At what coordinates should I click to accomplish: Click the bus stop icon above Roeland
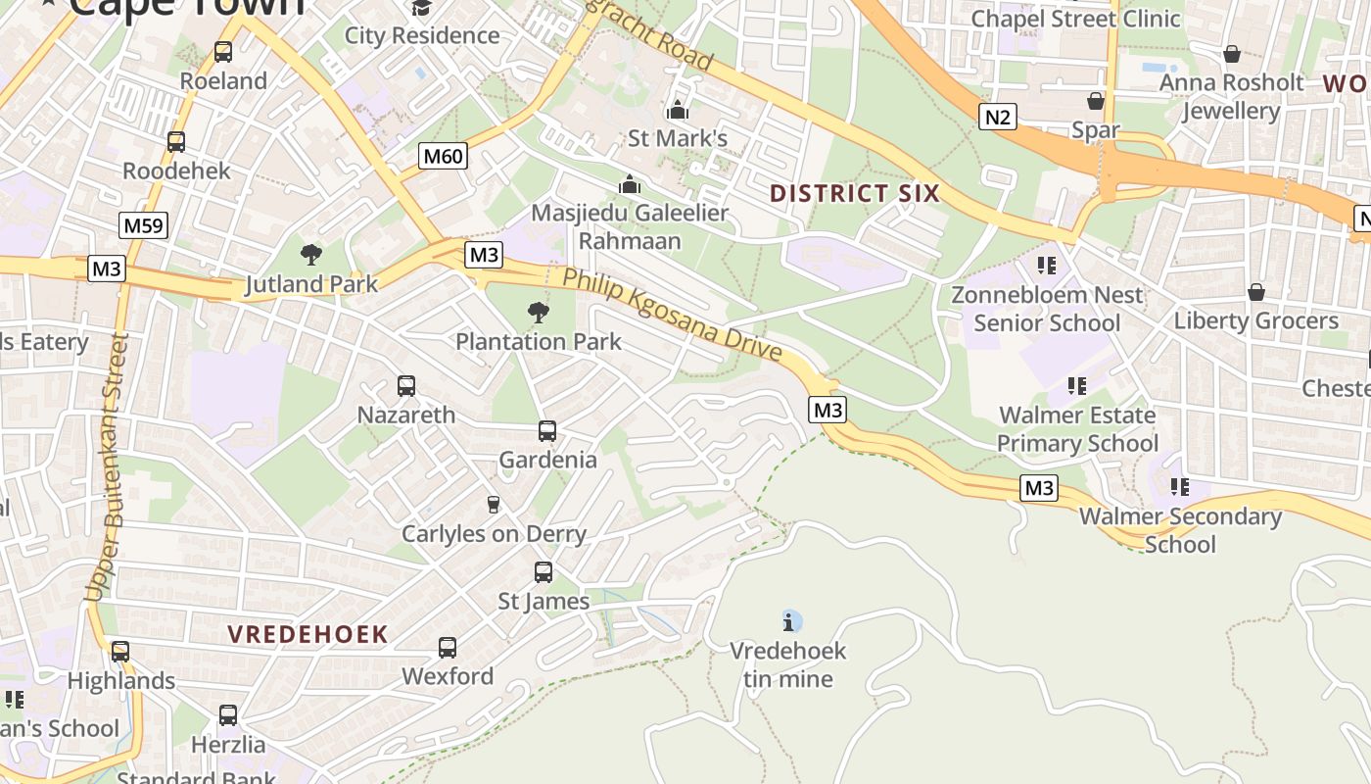[223, 52]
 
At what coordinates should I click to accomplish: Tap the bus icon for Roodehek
[176, 142]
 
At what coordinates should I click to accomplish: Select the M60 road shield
[444, 156]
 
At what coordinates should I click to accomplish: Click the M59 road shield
[144, 225]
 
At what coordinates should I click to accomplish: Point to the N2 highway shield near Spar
[997, 118]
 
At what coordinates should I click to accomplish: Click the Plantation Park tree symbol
[538, 313]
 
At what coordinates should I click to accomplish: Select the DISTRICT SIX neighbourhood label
[854, 193]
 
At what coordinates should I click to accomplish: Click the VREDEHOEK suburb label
[307, 634]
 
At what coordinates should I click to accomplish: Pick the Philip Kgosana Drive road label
[672, 314]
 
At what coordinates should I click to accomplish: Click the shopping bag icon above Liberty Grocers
[1255, 292]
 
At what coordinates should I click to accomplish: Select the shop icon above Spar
[1095, 101]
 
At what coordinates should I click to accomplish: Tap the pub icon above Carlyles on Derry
[494, 505]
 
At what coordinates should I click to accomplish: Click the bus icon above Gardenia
[547, 431]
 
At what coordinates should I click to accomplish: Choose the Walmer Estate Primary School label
[1076, 429]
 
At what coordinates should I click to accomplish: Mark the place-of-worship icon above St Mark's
[677, 110]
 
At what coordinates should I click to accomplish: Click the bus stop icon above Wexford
[448, 648]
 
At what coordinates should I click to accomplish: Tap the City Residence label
[422, 36]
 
